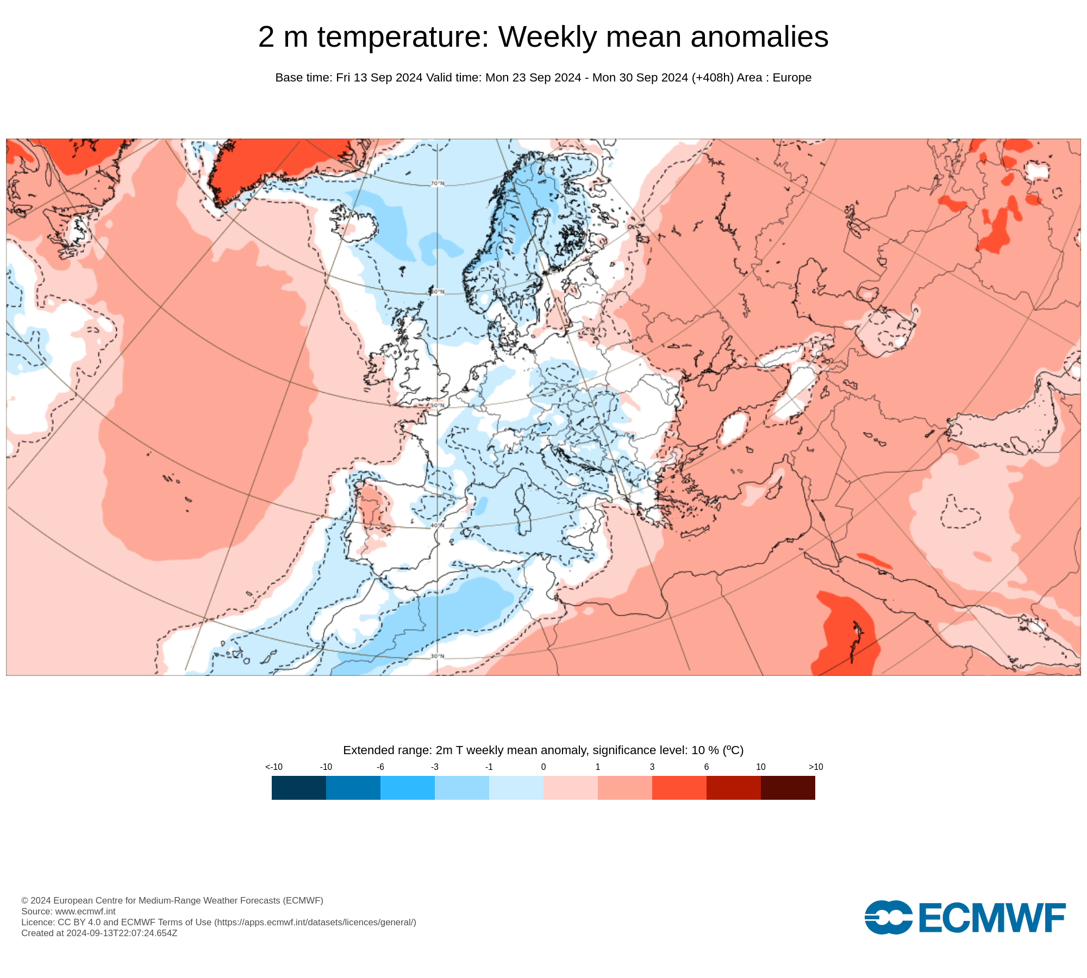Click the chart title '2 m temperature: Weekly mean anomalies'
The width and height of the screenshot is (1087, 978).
[543, 37]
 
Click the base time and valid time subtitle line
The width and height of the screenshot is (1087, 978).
[543, 78]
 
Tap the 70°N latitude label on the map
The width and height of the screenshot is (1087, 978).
[438, 184]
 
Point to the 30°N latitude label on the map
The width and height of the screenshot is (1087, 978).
[438, 656]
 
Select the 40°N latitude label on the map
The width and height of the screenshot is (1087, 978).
[438, 525]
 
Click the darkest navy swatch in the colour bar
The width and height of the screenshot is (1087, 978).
[299, 788]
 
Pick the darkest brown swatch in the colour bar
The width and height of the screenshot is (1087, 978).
[788, 788]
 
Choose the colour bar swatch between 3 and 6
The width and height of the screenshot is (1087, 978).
[679, 788]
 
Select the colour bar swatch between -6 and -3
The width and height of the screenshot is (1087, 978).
[408, 788]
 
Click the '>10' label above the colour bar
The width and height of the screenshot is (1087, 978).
[816, 767]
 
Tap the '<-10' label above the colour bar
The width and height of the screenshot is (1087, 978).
[274, 767]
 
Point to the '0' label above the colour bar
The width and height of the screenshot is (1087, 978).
[543, 767]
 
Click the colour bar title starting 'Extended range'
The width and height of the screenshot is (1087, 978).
[543, 750]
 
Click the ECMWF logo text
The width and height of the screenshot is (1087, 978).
[991, 918]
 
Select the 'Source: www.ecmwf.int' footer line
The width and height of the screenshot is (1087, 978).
[68, 911]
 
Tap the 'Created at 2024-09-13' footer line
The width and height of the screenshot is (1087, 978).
[99, 933]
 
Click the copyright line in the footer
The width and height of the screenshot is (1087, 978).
[172, 900]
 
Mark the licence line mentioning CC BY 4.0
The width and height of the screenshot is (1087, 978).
[218, 922]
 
